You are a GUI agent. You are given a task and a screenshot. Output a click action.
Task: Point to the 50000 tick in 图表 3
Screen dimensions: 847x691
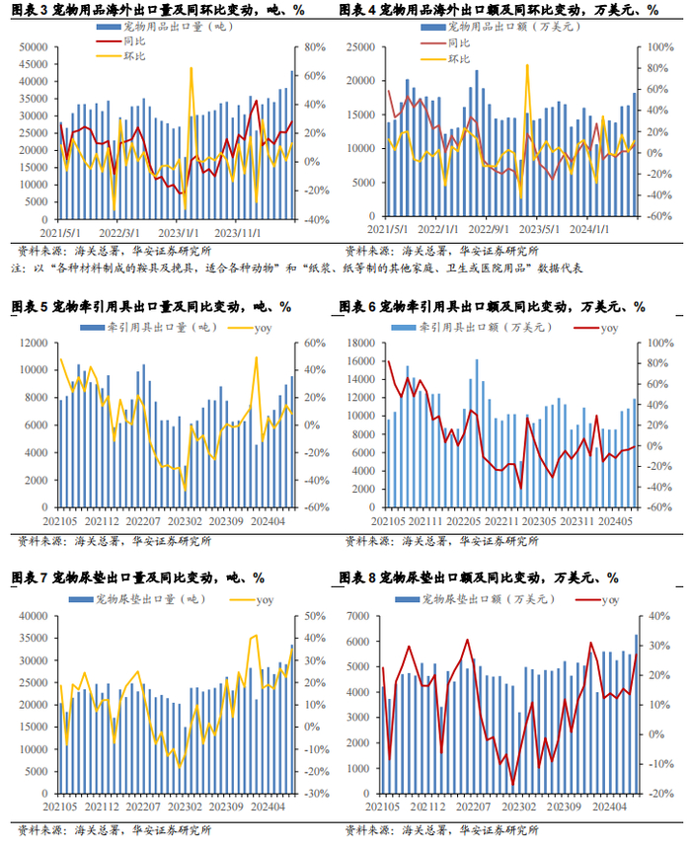point(33,47)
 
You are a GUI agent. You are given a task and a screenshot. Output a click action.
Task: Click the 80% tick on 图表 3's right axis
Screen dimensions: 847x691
point(314,47)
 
